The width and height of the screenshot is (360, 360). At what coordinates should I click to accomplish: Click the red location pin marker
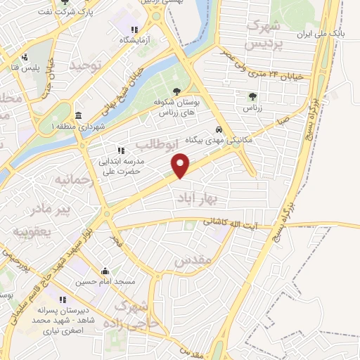181,166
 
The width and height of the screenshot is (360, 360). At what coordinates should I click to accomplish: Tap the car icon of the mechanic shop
219,129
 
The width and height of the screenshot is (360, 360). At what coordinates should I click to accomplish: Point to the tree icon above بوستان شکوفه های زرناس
176,91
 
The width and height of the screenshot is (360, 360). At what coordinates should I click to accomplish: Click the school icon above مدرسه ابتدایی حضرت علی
120,150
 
